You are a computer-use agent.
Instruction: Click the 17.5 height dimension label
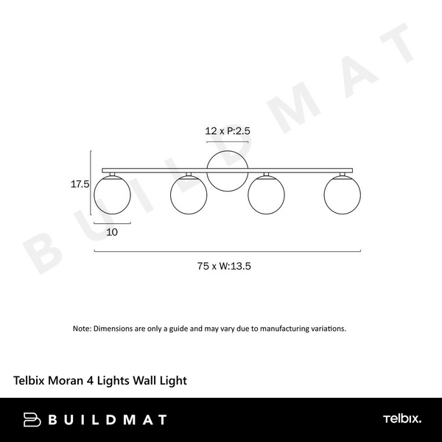80,185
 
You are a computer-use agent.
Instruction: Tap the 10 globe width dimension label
112,231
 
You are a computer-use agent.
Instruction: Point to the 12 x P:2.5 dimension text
228,130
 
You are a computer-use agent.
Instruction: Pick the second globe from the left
189,194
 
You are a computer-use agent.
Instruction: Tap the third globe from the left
266,194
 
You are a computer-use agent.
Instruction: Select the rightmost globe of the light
343,194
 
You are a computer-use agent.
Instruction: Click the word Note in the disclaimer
81,328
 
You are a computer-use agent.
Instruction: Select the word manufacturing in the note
283,328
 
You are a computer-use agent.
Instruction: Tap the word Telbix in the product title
31,381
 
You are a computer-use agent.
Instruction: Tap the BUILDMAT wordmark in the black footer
108,420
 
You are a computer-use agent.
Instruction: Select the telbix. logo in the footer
401,420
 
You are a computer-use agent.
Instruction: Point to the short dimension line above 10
112,222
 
